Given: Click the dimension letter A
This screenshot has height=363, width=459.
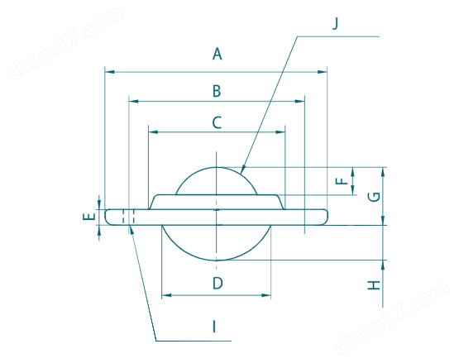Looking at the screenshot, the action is (x=218, y=54).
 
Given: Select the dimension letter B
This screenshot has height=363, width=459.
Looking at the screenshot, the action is (x=217, y=91).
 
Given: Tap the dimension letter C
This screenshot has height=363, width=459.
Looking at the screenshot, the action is (x=217, y=122).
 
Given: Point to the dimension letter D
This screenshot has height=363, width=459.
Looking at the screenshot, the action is (x=218, y=283).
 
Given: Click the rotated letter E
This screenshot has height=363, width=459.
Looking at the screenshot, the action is (x=89, y=217).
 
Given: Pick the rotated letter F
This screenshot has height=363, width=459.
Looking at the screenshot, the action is (x=342, y=181).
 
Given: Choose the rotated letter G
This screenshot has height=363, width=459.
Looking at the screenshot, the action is (x=374, y=197).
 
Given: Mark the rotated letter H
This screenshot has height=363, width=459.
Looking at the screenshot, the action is (x=374, y=285).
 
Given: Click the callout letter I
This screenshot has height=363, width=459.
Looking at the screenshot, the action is (x=214, y=327).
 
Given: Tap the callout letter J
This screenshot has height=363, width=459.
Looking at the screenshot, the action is (x=336, y=23).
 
